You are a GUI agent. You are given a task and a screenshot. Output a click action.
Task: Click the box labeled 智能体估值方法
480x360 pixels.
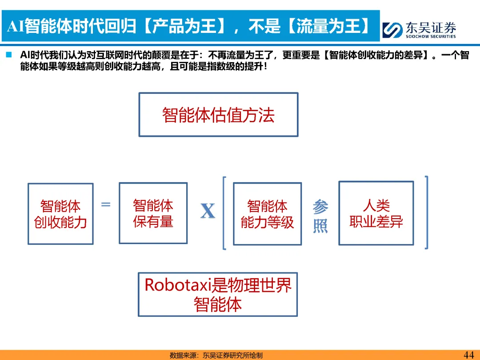coord(218,115)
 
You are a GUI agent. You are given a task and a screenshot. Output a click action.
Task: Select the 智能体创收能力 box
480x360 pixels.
coord(60,214)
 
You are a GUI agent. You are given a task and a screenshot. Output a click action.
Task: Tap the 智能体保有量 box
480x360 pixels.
coord(153,213)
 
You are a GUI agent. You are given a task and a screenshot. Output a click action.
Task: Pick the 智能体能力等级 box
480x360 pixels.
coord(267,214)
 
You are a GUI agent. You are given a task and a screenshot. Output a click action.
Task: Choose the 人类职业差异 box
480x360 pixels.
coord(376,213)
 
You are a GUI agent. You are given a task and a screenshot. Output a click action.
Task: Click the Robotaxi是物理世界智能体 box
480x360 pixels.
coord(218,295)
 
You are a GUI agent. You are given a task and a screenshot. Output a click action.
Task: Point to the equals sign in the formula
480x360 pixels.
coord(106,205)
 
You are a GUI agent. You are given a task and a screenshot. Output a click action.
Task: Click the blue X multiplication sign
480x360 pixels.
coord(208,212)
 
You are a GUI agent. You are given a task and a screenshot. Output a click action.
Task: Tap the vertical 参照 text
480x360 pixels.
coord(320,216)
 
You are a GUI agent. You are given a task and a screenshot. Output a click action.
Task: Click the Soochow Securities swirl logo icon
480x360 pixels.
coord(392,30)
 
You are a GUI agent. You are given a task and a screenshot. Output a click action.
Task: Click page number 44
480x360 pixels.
coord(468,355)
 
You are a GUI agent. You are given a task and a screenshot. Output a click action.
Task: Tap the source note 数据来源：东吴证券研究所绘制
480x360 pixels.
coord(216,355)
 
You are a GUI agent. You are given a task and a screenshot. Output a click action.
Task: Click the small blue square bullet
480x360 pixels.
coord(8,56)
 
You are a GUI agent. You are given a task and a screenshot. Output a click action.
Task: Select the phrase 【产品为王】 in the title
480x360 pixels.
coord(186,27)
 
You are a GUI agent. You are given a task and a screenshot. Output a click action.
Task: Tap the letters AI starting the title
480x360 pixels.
coord(15,27)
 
